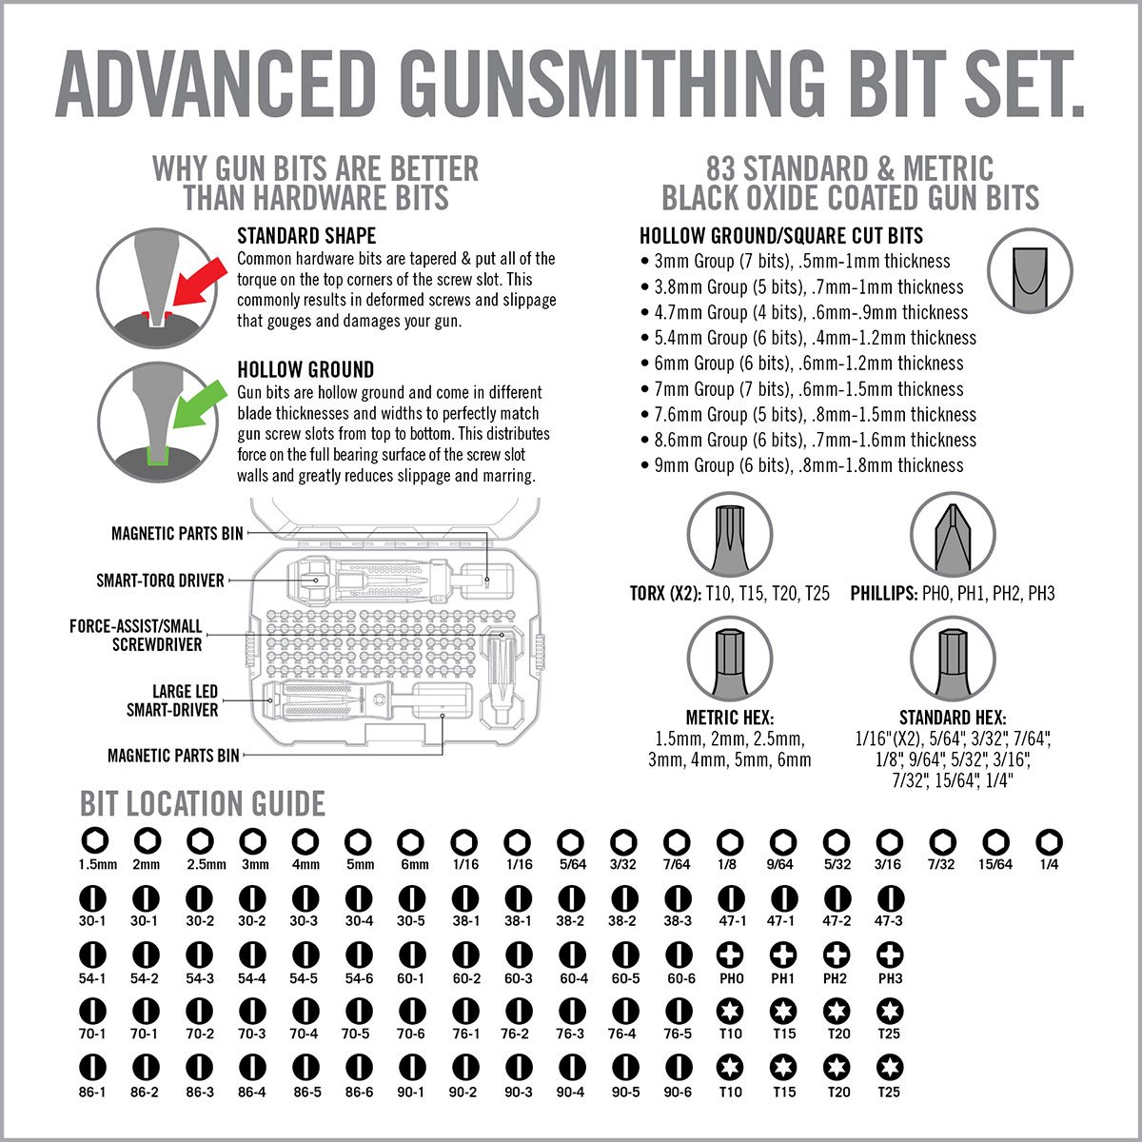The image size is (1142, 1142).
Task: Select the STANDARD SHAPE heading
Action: [306, 236]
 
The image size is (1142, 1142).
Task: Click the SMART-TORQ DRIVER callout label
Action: [160, 581]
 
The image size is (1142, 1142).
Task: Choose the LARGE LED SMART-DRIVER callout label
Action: [172, 700]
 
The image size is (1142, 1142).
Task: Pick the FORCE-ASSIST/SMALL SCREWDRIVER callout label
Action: [136, 635]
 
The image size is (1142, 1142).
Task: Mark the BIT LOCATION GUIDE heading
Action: [203, 804]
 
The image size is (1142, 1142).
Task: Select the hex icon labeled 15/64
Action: [995, 841]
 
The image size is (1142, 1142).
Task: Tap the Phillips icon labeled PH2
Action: [836, 955]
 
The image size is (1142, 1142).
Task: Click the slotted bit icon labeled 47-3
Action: [889, 898]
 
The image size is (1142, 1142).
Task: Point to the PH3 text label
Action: [889, 978]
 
